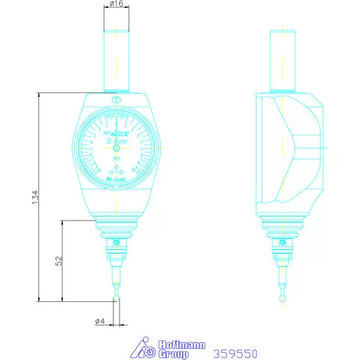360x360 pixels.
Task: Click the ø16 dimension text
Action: point(115,5)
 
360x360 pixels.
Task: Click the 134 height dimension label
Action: point(33,198)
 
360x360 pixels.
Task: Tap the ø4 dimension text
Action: point(99,322)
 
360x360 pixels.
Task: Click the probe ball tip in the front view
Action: point(115,297)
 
